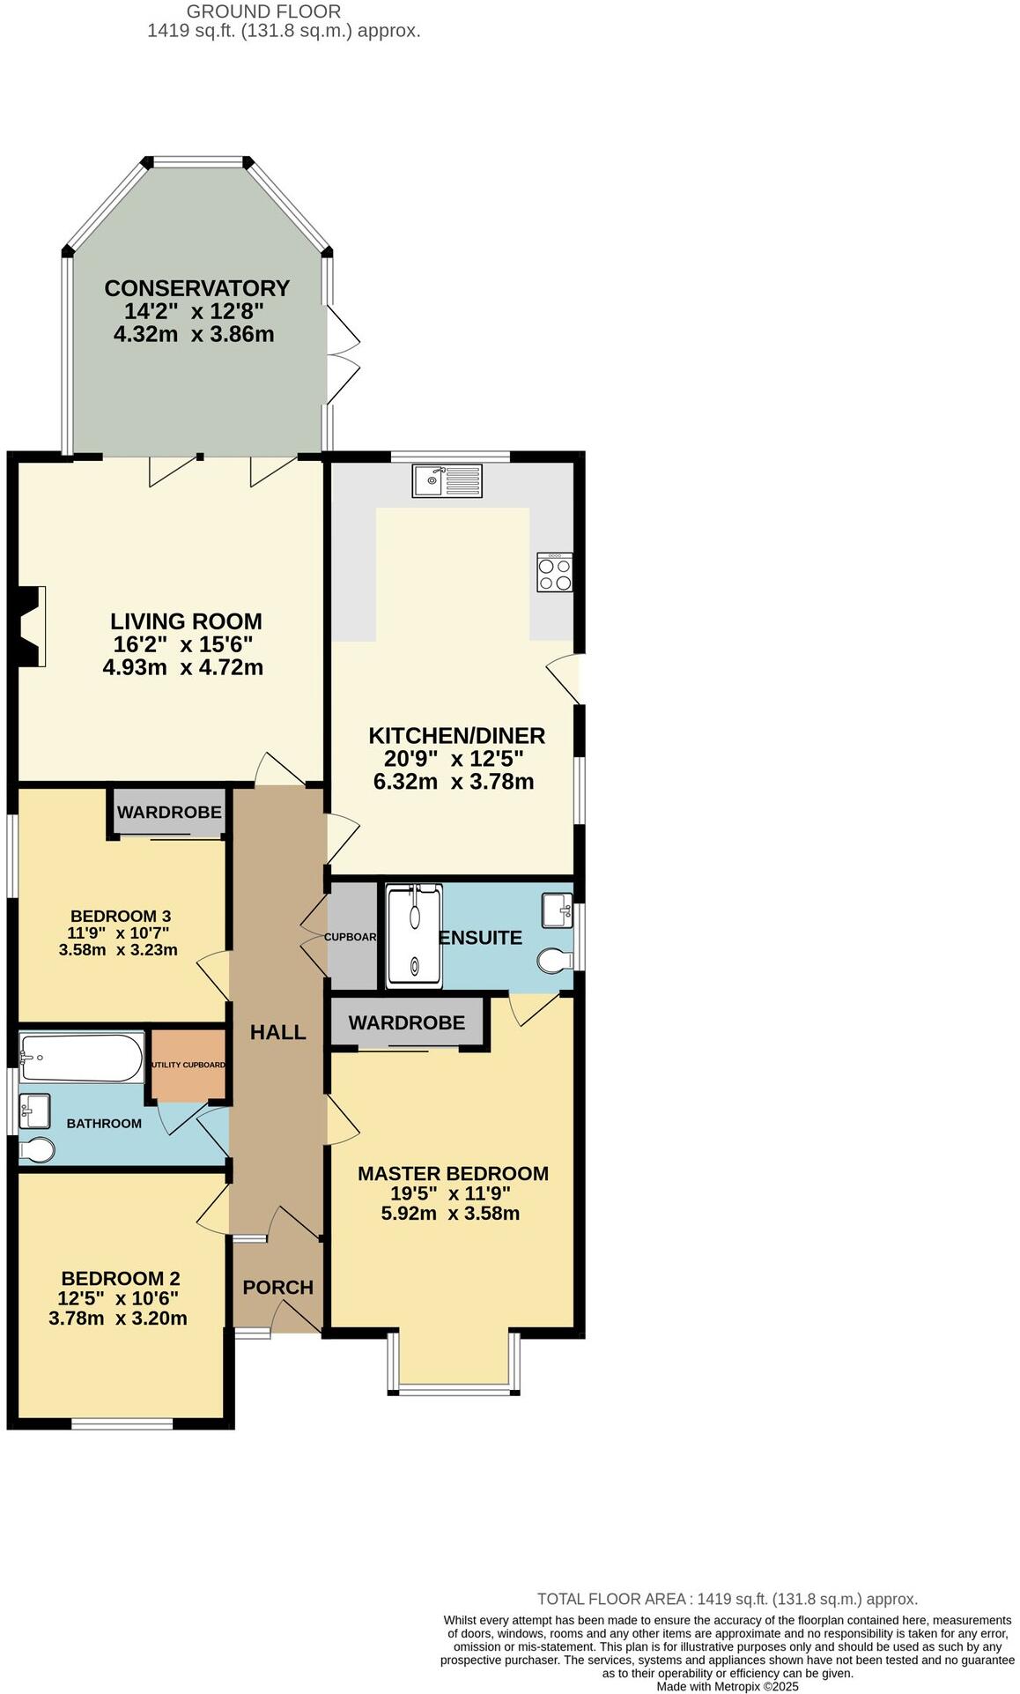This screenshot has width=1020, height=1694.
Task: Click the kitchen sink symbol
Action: [x=447, y=480]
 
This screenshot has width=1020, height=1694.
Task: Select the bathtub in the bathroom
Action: [x=82, y=1058]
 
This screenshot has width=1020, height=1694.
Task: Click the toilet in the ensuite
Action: [x=554, y=961]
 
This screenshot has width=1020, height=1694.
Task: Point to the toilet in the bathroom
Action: [x=37, y=1149]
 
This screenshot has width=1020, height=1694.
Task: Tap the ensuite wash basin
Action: [x=556, y=910]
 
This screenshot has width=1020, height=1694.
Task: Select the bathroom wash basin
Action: [x=34, y=1110]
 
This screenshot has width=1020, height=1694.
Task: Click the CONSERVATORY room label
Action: [x=196, y=288]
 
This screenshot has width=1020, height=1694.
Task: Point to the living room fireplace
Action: [x=31, y=626]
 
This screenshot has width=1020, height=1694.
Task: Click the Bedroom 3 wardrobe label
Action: [x=169, y=812]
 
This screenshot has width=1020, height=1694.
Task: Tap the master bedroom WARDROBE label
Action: [x=406, y=1022]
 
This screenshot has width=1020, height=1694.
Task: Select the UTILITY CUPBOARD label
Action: [x=188, y=1065]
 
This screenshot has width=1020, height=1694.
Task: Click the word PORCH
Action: [x=278, y=1287]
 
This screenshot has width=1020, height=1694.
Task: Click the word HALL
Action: [x=278, y=1032]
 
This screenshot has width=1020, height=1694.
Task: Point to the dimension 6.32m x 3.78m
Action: [x=454, y=781]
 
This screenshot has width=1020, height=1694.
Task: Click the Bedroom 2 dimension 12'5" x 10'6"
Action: [x=118, y=1298]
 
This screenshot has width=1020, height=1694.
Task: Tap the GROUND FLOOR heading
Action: [x=264, y=11]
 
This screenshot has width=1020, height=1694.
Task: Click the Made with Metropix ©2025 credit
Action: [x=727, y=1686]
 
